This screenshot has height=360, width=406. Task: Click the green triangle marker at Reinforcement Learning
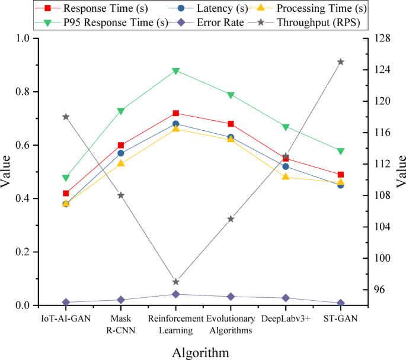tap(176, 71)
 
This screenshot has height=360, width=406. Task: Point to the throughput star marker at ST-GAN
tap(341, 62)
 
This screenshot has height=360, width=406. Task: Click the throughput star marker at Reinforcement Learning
tap(176, 282)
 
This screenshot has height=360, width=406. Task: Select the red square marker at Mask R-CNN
tap(121, 145)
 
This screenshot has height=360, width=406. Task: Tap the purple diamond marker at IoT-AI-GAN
tap(66, 303)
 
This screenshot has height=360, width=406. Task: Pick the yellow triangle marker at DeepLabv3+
tap(286, 176)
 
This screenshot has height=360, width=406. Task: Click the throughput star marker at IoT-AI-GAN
tap(66, 117)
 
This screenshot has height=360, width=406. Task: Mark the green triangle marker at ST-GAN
tap(341, 151)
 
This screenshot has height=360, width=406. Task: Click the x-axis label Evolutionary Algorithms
tap(231, 324)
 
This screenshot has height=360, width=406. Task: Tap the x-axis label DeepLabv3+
tap(286, 319)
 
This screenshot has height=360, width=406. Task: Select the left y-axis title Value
tap(7, 172)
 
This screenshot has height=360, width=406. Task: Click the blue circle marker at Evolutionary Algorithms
tap(231, 137)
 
